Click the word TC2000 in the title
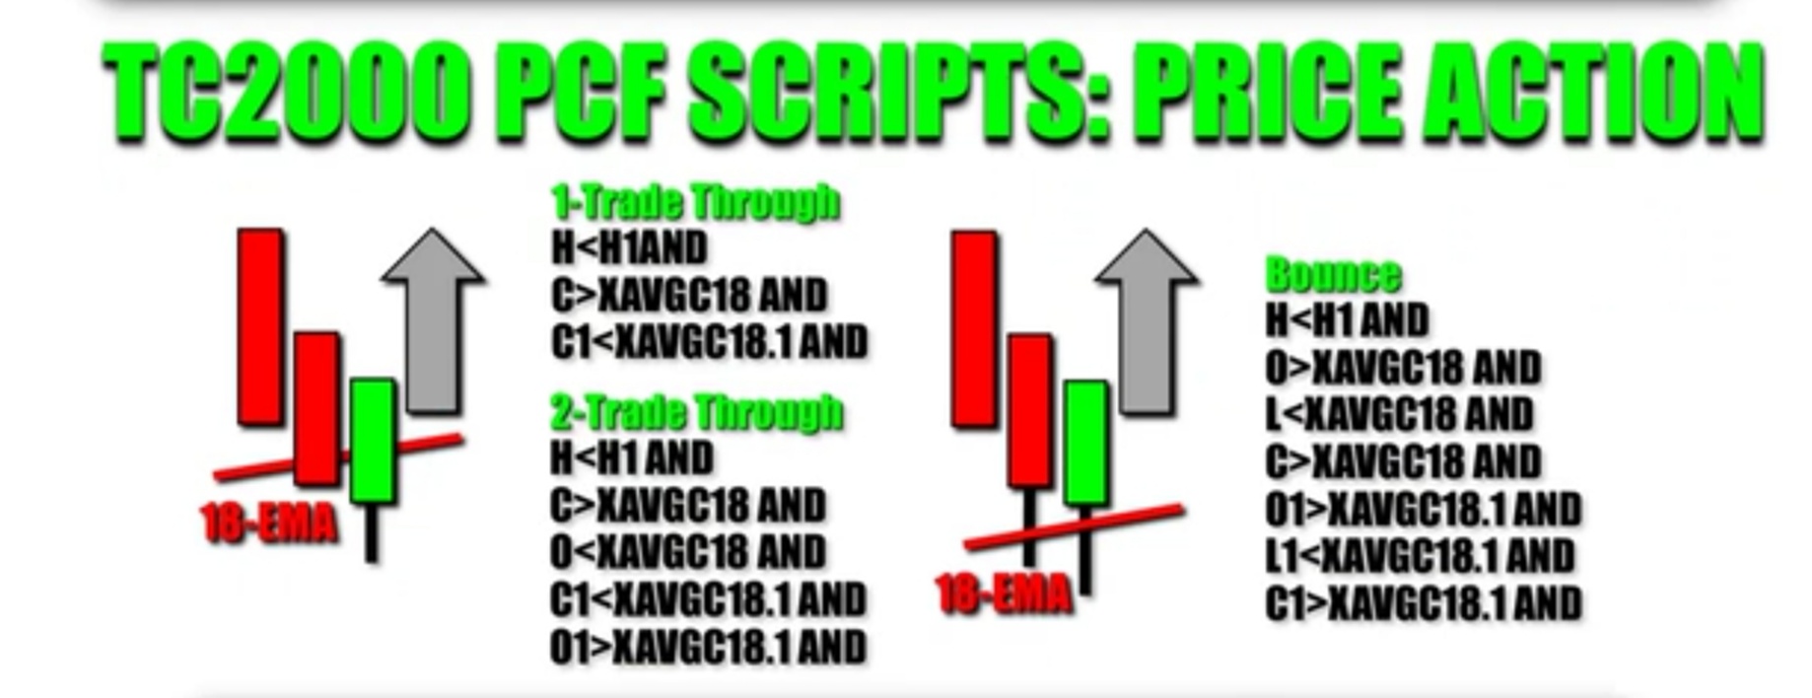285,95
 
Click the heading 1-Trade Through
696,202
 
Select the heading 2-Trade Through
697,411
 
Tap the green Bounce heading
1333,274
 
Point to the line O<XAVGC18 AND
688,551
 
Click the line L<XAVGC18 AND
1400,413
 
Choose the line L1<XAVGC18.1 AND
1421,556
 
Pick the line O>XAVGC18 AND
1403,368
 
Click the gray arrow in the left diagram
433,320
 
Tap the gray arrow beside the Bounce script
1147,321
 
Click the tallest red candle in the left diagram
260,327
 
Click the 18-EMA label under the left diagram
269,523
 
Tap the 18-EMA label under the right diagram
1004,594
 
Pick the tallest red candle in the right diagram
973,330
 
